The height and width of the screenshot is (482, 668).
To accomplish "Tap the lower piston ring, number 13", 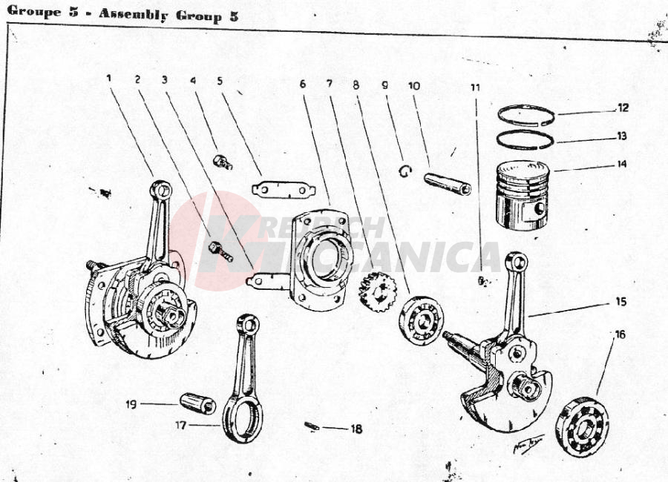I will [x=526, y=139].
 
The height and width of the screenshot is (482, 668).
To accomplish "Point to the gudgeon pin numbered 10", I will [x=447, y=183].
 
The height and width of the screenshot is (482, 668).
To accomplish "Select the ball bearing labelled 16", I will [x=582, y=426].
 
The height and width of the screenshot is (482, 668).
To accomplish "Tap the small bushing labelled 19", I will [x=198, y=403].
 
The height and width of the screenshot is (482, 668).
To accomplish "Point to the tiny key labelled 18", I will [x=312, y=426].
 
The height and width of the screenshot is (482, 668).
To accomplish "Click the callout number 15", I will [x=620, y=302].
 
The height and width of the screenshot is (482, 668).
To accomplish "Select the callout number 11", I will [x=476, y=87].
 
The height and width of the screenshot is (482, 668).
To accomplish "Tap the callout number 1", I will [x=108, y=78].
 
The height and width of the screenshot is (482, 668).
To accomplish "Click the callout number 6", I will [x=303, y=84].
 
